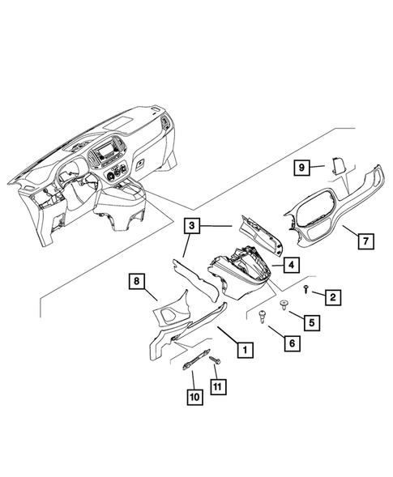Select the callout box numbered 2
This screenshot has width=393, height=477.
click(332, 297)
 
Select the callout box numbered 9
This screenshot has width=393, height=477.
click(301, 168)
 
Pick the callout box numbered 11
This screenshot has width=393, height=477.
click(216, 387)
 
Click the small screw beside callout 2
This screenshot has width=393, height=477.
click(305, 288)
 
